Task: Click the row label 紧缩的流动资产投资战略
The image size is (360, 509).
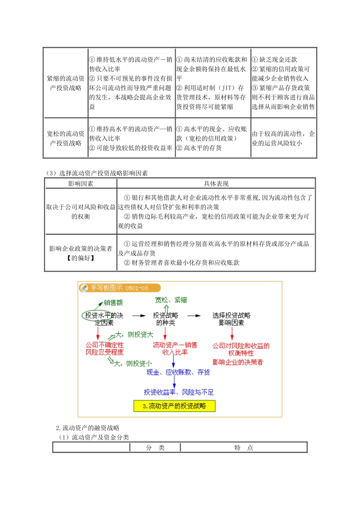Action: click(66, 83)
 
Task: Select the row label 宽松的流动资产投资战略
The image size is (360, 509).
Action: click(66, 139)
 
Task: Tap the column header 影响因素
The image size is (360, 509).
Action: click(81, 184)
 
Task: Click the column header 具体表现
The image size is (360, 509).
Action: click(216, 184)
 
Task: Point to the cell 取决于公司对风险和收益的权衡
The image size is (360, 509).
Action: click(81, 212)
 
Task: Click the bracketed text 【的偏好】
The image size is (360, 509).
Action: click(81, 258)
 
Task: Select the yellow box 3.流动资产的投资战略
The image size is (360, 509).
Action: click(174, 406)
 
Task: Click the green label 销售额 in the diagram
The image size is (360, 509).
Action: click(113, 303)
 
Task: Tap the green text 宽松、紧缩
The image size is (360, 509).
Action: click(171, 300)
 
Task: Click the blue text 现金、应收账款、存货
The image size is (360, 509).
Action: click(178, 372)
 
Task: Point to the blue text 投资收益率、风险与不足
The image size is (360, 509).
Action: click(178, 392)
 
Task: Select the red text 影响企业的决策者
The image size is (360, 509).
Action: click(238, 362)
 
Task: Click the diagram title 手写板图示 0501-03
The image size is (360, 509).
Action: click(119, 288)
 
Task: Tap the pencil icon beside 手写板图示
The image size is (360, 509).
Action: click(84, 288)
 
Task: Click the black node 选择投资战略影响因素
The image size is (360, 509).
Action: click(231, 319)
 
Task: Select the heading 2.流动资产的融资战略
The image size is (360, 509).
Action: click(88, 428)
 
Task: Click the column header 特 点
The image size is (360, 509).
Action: click(243, 448)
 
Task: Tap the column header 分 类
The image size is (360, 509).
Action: click(155, 448)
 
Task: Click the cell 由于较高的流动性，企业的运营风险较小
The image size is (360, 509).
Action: click(283, 139)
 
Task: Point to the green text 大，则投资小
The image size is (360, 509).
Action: click(133, 364)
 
